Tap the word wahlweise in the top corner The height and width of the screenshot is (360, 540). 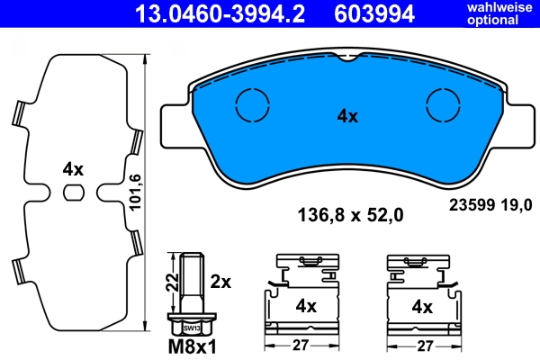498,7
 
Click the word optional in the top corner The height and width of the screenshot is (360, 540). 498,20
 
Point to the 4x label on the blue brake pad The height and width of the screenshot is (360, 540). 347,116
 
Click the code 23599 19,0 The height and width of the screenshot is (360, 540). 490,205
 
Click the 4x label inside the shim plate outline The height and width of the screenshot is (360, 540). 73,169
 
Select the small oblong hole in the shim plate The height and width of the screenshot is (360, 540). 74,191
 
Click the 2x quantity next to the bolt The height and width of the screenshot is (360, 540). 220,282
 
